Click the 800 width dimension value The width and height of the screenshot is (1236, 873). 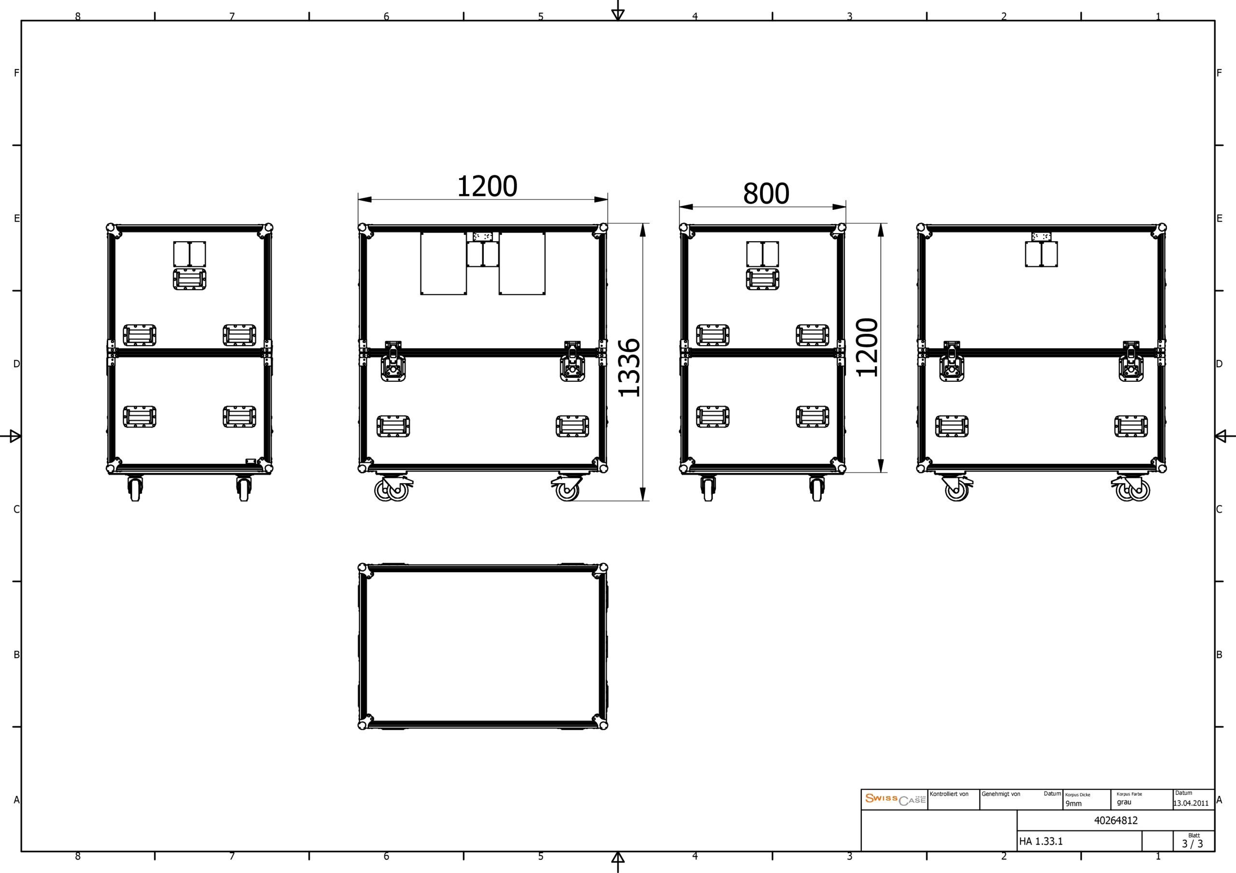coord(766,194)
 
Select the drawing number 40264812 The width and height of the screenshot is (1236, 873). coord(1115,820)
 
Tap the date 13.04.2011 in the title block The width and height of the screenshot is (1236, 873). coord(1191,803)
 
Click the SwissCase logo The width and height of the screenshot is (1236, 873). coord(895,799)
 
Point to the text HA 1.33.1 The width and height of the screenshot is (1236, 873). coord(1040,841)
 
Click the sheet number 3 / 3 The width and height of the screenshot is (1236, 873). coord(1192,844)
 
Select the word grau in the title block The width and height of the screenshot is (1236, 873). coord(1124,802)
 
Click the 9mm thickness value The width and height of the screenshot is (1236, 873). coord(1073,804)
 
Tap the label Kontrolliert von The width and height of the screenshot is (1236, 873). coord(949,794)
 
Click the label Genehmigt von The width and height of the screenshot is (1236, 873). coord(1001,794)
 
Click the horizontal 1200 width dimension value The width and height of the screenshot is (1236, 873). coord(487,187)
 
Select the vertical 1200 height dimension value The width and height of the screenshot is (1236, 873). coord(867,347)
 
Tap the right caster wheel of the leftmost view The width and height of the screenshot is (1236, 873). coord(244,488)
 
